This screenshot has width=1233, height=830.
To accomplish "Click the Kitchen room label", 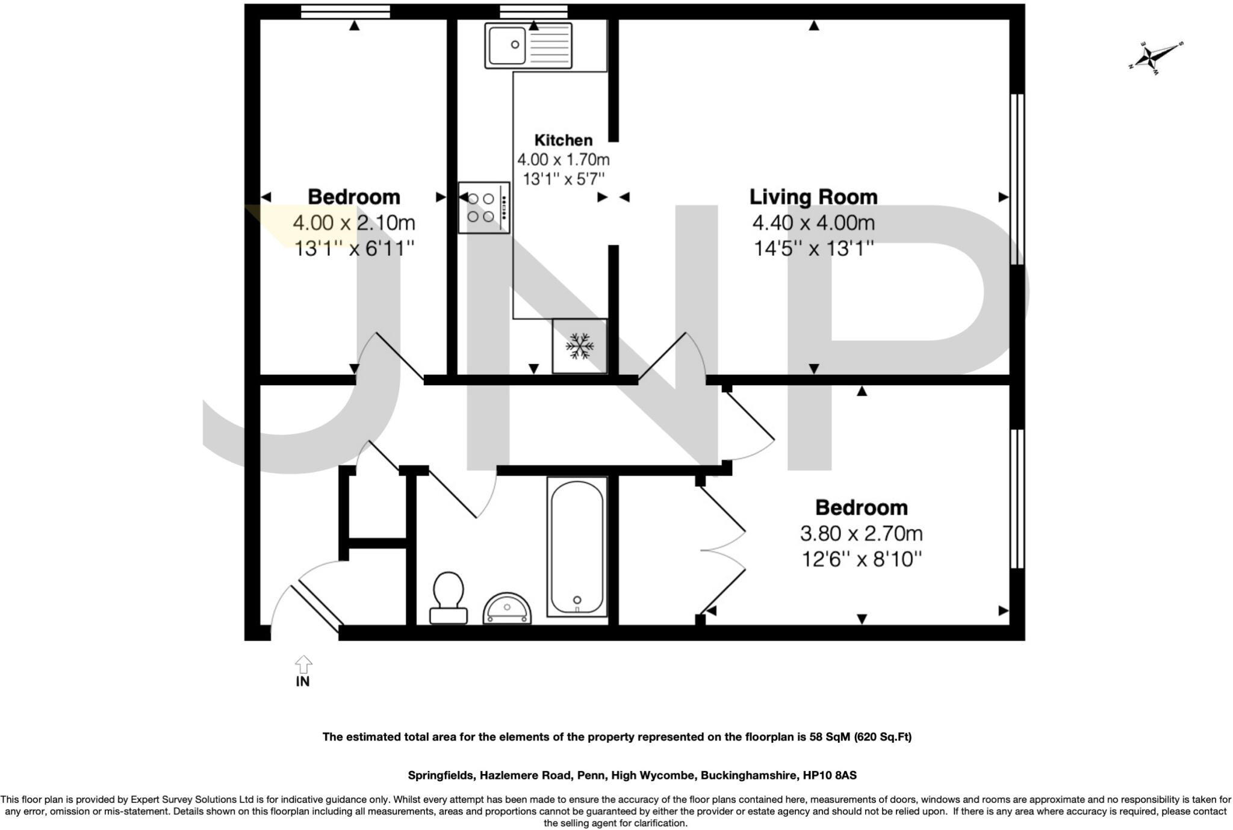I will [x=563, y=140].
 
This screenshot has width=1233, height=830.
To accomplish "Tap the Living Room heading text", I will [x=813, y=197].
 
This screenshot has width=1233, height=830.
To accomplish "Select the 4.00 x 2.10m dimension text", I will [x=354, y=223].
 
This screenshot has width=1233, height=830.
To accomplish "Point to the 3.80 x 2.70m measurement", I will [x=861, y=533].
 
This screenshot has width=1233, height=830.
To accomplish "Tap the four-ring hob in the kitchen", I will [x=483, y=208].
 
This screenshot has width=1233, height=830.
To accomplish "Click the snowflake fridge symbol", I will [x=579, y=347].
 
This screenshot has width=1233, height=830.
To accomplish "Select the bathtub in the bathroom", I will [x=577, y=547].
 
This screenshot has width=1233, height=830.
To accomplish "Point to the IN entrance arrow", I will [x=303, y=665].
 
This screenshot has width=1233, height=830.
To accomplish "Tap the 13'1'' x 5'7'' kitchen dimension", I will [x=563, y=179].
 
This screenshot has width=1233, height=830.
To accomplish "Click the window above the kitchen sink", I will [x=533, y=11].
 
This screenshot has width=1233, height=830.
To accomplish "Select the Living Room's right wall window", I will [x=1017, y=179].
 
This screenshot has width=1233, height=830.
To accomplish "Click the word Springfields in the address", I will [x=440, y=775].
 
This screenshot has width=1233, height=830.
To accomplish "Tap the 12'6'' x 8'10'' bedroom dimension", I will [x=861, y=560].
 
